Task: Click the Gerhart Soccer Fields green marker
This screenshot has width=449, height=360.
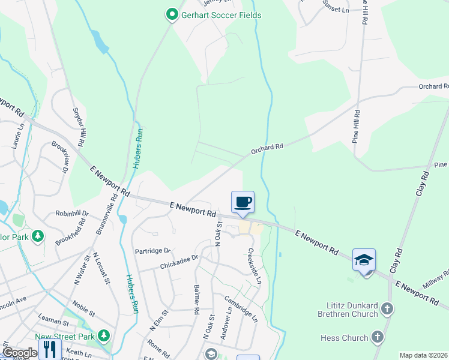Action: (x=172, y=14)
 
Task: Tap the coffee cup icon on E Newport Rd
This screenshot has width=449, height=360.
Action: (x=243, y=202)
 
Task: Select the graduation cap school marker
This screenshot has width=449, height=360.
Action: (x=364, y=259)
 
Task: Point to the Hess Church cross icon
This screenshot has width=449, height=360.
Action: (x=378, y=338)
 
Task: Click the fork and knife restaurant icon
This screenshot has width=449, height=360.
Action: (x=49, y=350)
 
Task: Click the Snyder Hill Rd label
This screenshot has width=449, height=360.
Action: (x=77, y=127)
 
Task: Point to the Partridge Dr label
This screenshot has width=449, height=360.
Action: (x=152, y=251)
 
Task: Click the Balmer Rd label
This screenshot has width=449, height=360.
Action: (x=196, y=301)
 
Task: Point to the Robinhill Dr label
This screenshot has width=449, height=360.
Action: (x=71, y=213)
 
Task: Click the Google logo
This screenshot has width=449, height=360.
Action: (x=20, y=353)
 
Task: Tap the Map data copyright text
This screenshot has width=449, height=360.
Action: (x=424, y=355)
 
